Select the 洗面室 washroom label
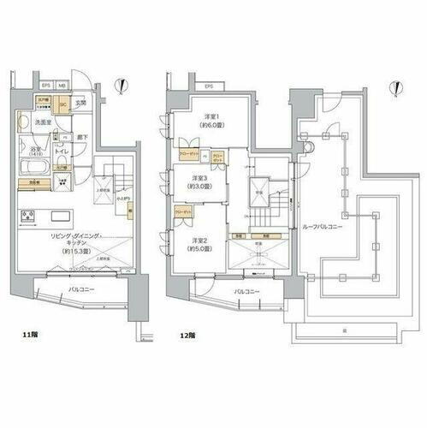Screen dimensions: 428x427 pos(44,122)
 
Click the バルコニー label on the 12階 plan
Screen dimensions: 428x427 pos(247,292)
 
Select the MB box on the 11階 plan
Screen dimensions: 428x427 pos(62,85)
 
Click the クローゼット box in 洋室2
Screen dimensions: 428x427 pos(182,210)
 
